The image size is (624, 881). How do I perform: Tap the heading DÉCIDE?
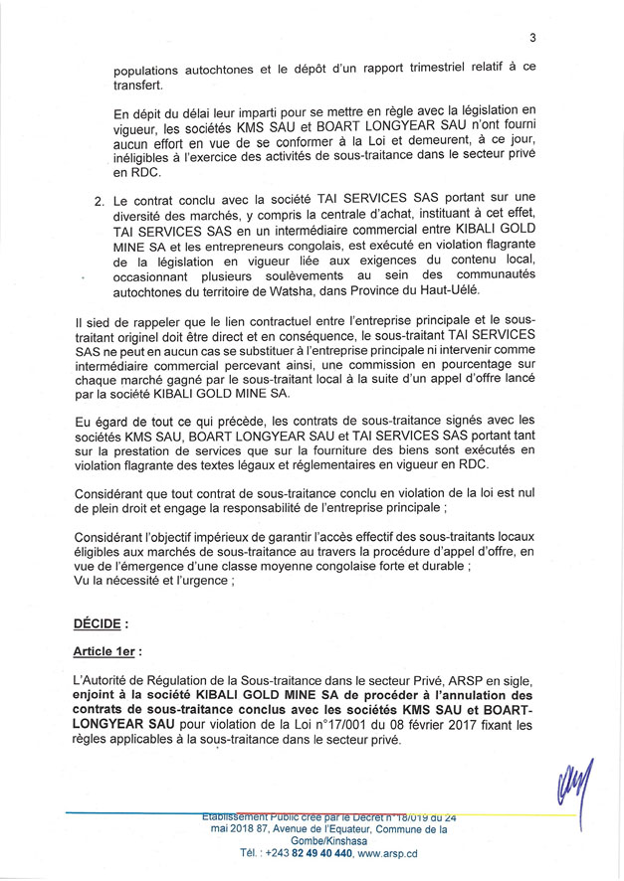102,623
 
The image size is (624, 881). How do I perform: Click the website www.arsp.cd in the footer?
388,853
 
